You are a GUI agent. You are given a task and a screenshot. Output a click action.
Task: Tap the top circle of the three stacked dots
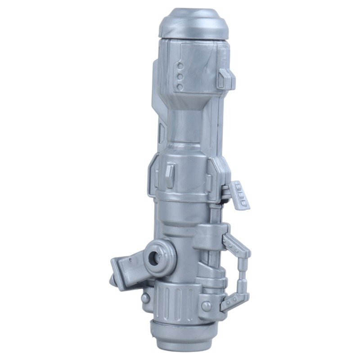coord(180,67)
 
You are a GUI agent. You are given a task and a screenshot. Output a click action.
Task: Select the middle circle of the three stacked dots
coord(180,76)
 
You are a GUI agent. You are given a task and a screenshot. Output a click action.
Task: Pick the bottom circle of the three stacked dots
coord(180,86)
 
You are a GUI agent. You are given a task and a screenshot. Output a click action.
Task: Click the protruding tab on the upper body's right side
coord(225,78)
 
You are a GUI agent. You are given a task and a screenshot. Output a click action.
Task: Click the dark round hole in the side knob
coord(156,258)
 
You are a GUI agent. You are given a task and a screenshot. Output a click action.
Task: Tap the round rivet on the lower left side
coord(144,297)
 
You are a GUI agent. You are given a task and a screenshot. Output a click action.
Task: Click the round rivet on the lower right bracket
coord(207,306)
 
